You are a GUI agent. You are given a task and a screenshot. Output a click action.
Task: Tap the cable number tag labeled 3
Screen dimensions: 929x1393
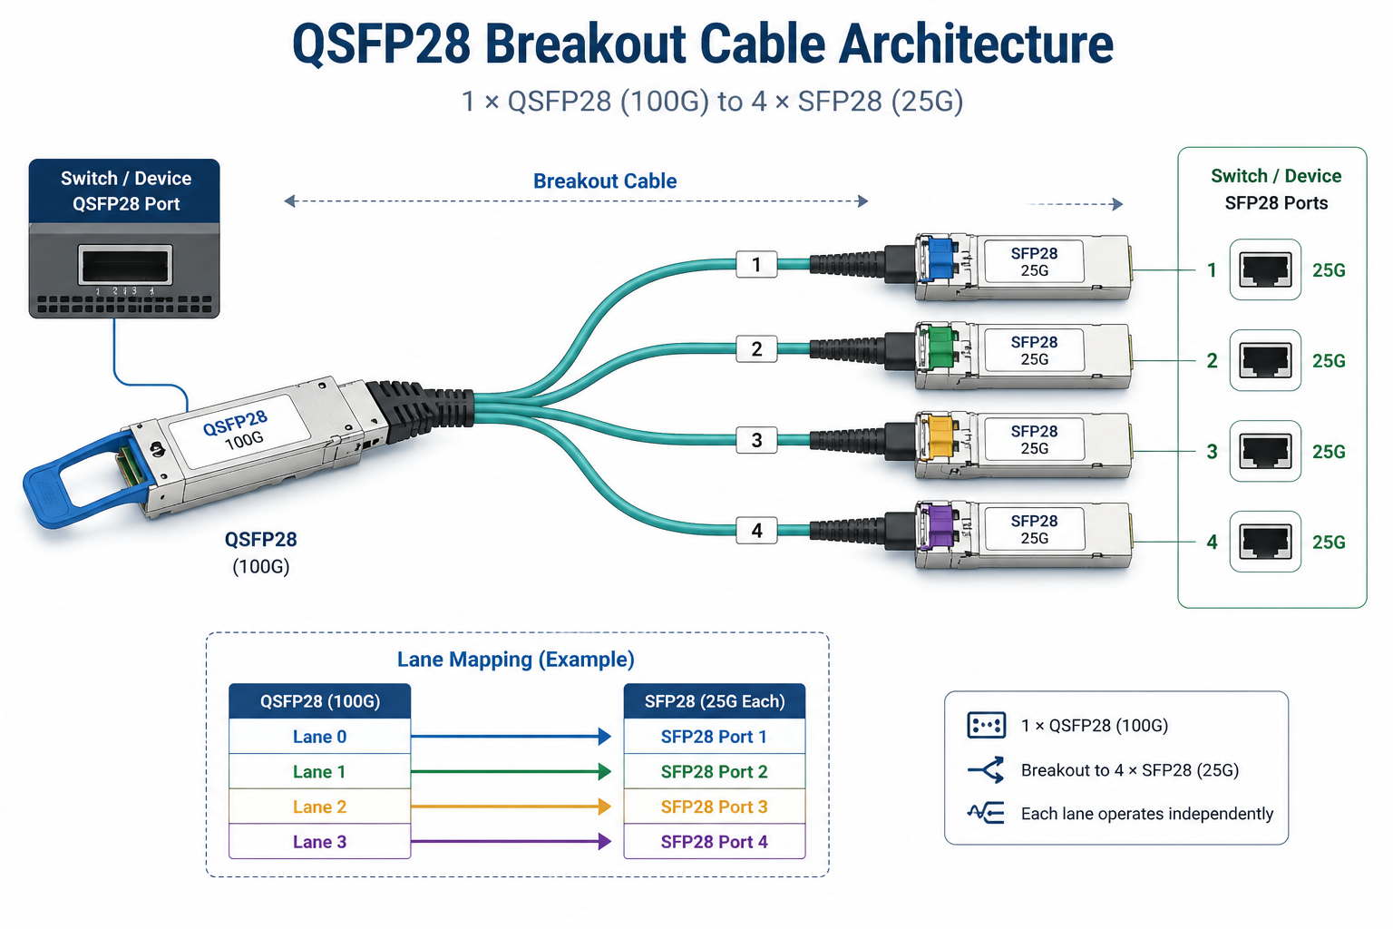[x=756, y=441]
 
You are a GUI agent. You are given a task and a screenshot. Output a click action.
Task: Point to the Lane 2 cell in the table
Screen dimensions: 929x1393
[x=319, y=807]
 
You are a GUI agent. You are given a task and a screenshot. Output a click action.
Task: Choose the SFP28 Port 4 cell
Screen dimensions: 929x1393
[x=714, y=842]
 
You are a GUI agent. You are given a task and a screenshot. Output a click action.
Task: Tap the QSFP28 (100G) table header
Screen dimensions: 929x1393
[x=319, y=701]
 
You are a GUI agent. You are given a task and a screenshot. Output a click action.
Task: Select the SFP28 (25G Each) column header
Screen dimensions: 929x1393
[x=714, y=701]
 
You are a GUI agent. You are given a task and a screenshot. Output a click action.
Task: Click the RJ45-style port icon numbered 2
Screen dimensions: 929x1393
[x=1265, y=360]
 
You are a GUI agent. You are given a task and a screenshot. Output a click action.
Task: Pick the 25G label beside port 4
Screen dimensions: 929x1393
[x=1329, y=542]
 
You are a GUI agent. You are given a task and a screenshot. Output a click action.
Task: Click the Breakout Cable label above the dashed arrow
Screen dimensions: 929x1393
[x=604, y=181]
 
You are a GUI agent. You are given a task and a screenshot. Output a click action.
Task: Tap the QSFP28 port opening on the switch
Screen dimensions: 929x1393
[x=125, y=266]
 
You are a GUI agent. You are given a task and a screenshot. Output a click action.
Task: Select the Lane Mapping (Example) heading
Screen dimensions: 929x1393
[x=515, y=660]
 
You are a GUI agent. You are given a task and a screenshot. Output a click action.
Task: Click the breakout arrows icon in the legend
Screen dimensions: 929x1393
[x=986, y=770]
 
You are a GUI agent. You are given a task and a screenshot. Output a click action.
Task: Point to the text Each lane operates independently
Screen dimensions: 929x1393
[x=1146, y=814]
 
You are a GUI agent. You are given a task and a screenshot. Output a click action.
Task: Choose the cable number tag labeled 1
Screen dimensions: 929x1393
[x=756, y=265]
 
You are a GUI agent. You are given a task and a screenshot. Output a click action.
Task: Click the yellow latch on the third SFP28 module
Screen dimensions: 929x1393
[x=939, y=436]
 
